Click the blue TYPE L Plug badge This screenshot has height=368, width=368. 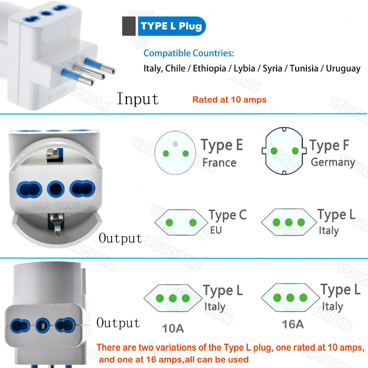pos(171,26)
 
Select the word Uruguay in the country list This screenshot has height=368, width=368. pos(343,68)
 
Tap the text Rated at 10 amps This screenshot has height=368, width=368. pos(229,99)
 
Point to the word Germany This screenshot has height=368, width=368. pos(333,162)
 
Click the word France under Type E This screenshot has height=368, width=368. pos(219,162)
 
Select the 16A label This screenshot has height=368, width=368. pos(293,325)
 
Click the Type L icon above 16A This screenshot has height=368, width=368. pos(290,298)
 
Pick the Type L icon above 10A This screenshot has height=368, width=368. pos(173,298)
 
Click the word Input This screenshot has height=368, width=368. pos(138,99)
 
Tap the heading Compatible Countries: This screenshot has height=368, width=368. pos(188,53)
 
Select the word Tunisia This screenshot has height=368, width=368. pos(304,68)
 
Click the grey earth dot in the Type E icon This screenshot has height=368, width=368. pos(176,144)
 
